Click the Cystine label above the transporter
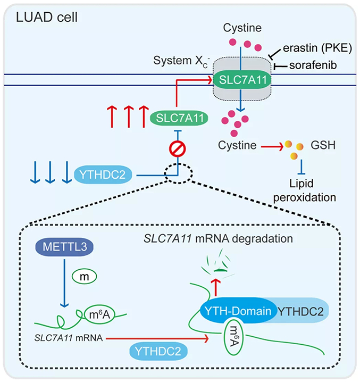click(242, 25)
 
